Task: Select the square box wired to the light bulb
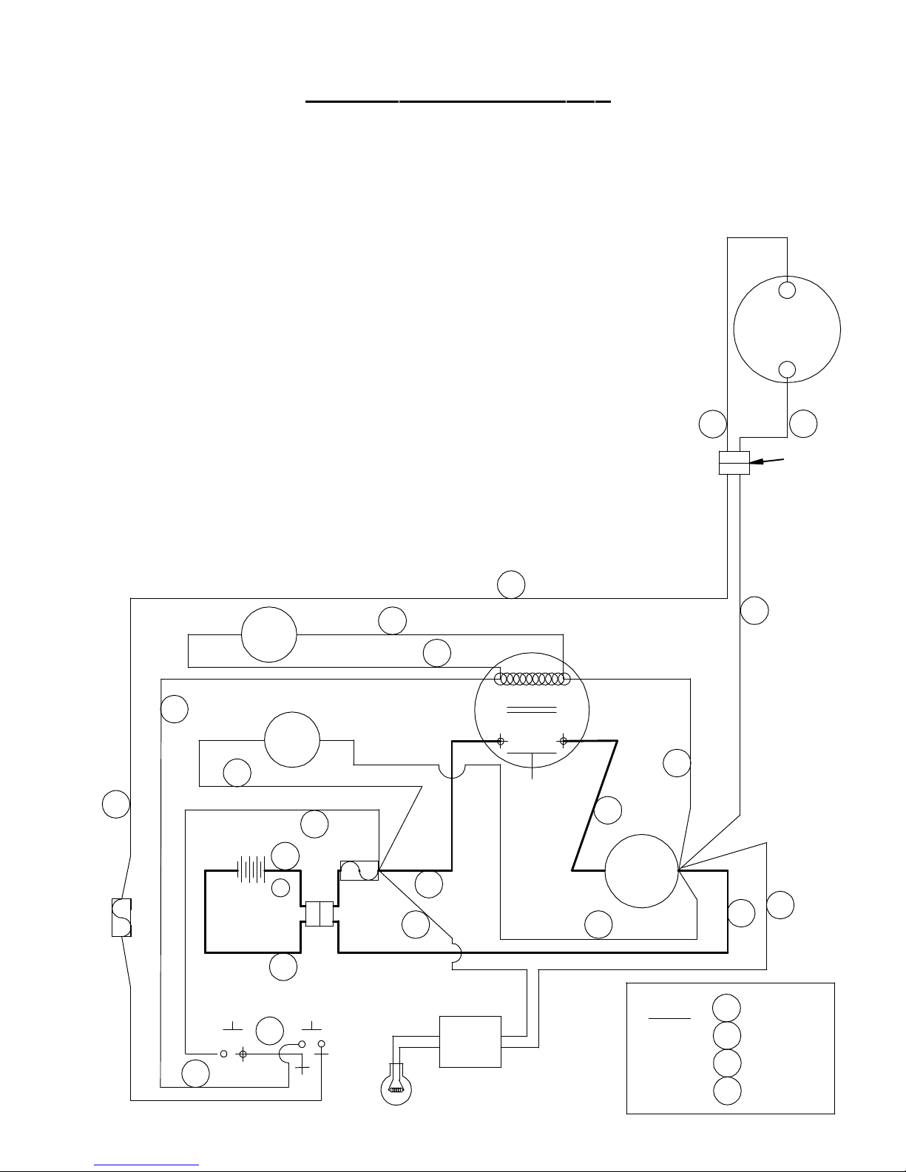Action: pyautogui.click(x=470, y=1041)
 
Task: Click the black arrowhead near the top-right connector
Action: pyautogui.click(x=757, y=463)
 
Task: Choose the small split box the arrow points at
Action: pyautogui.click(x=734, y=463)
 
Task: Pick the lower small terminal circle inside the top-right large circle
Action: pyautogui.click(x=788, y=370)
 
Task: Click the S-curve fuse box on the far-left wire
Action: pyautogui.click(x=121, y=917)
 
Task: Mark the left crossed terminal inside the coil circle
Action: pyautogui.click(x=501, y=741)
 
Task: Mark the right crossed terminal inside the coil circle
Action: pyautogui.click(x=564, y=741)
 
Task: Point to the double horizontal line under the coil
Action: pyautogui.click(x=531, y=711)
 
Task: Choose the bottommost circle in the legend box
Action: pyautogui.click(x=727, y=1091)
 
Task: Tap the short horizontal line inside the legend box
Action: pyautogui.click(x=669, y=1018)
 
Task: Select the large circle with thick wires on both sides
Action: pyautogui.click(x=642, y=871)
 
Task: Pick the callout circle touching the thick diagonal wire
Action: pyautogui.click(x=608, y=810)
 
